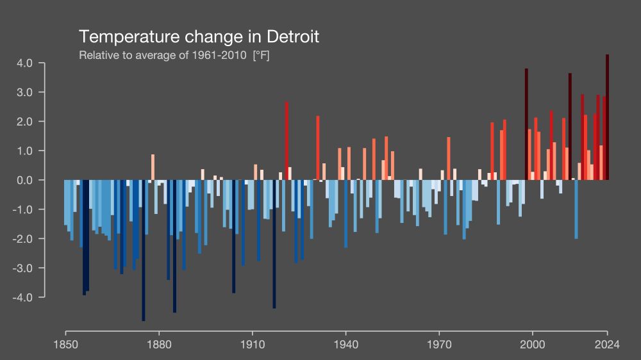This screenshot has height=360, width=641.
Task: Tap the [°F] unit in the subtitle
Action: (261, 55)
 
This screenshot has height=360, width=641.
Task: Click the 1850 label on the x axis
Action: (65, 344)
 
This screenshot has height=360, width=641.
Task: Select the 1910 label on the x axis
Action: (252, 344)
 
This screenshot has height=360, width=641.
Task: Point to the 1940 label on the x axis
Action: (345, 344)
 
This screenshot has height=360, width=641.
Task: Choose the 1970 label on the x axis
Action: (439, 344)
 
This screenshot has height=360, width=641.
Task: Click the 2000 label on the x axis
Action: (533, 344)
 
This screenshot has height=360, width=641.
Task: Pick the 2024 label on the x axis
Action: (607, 344)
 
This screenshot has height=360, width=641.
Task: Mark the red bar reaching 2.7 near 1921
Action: (287, 141)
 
